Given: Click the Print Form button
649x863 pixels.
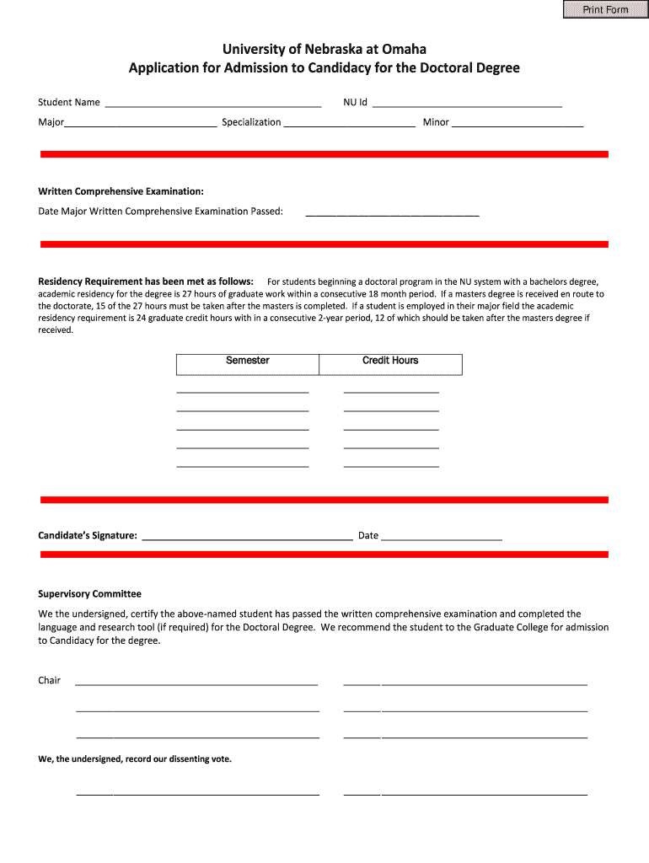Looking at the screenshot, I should [605, 9].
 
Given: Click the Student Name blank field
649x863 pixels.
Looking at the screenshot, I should [212, 104].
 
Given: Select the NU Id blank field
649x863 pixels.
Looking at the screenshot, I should [467, 104].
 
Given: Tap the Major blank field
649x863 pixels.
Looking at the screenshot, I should [141, 123].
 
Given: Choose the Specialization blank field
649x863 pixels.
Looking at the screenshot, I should [350, 123].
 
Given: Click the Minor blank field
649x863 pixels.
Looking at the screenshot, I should [518, 123].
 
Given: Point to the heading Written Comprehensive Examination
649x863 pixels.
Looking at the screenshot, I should [121, 191].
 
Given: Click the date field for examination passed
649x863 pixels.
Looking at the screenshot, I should [392, 212].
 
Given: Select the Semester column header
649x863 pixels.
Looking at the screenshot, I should [248, 361].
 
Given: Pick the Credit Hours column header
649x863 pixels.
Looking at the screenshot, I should [390, 361].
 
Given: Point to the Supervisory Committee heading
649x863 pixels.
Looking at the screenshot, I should [89, 594].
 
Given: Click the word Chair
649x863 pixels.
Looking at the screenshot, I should [49, 680].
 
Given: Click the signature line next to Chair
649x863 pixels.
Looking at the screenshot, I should [196, 682].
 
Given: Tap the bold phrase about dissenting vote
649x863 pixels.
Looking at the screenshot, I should [135, 759].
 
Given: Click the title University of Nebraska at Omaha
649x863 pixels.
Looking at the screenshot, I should [324, 50].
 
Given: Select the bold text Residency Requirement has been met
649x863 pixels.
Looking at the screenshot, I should [146, 281].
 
